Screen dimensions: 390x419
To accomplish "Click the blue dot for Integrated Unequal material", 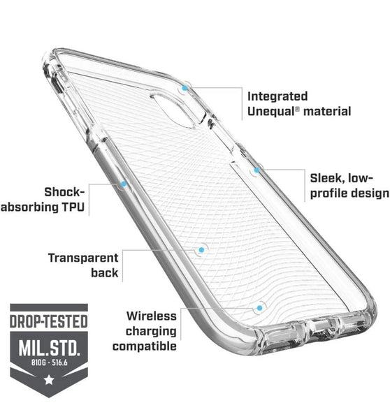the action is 185,88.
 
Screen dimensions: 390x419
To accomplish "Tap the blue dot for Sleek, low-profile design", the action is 257,170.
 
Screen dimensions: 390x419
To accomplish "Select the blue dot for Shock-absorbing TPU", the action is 124,184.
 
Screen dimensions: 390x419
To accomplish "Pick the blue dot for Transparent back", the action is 201,250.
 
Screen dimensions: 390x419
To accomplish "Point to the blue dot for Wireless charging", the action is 259,308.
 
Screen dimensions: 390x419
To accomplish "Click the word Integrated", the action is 277,97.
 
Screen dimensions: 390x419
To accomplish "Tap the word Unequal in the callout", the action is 270,112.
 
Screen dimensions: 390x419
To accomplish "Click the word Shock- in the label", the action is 64,192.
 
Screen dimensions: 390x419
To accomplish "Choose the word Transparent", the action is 83,258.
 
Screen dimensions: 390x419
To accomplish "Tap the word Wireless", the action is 152,316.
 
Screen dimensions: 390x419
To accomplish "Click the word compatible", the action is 145,346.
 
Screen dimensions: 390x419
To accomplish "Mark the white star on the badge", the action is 49,379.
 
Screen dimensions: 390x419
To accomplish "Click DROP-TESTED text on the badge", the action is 49,321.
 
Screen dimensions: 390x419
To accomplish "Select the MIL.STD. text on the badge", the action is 49,347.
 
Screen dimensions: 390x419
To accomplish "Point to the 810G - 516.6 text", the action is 49,362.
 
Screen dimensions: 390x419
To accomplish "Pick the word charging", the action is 151,332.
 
